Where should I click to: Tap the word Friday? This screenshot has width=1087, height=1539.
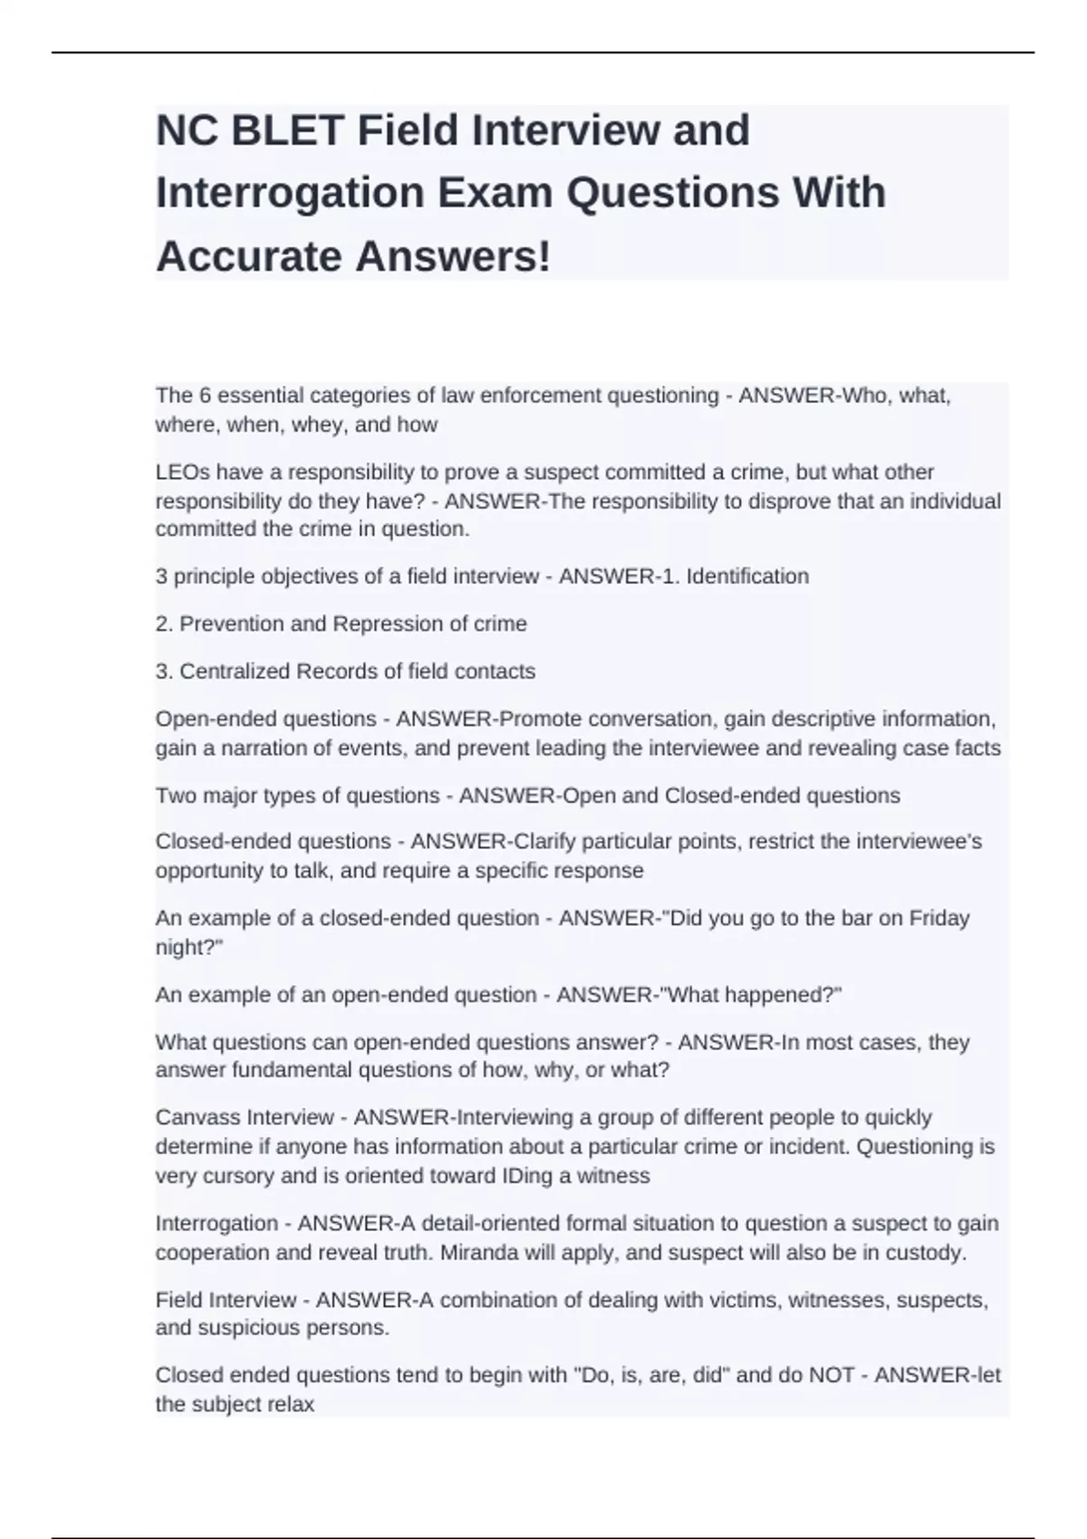pyautogui.click(x=939, y=918)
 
